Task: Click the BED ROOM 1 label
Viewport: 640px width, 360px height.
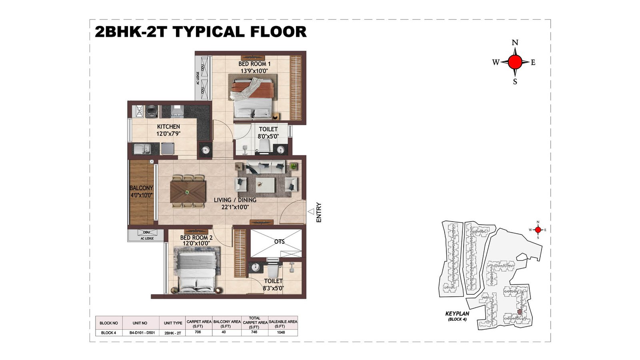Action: click(x=254, y=64)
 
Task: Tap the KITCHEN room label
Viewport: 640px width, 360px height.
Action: click(x=168, y=126)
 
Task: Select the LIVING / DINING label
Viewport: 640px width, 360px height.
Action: click(x=235, y=200)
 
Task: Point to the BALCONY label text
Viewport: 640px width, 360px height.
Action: click(x=141, y=188)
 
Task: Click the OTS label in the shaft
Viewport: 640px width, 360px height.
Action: click(x=279, y=242)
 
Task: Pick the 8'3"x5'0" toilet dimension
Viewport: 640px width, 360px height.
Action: click(x=273, y=288)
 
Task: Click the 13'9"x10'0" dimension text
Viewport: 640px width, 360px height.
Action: click(x=254, y=71)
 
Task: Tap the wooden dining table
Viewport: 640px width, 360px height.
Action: click(x=188, y=192)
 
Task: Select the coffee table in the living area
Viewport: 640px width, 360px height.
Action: click(x=266, y=185)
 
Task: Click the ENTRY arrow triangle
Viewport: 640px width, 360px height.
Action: click(x=311, y=212)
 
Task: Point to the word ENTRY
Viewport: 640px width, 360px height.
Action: click(x=319, y=212)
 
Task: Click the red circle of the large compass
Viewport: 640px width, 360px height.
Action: click(x=515, y=62)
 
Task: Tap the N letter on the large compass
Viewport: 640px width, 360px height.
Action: click(x=515, y=43)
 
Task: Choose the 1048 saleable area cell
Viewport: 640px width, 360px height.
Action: click(x=281, y=332)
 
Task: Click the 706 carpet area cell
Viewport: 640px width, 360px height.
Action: click(x=198, y=332)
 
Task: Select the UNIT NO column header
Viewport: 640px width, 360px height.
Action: click(x=140, y=323)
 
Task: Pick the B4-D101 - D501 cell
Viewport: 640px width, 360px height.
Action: click(x=142, y=333)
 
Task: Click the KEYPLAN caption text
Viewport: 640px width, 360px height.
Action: click(x=457, y=314)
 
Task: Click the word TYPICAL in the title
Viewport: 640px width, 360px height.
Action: click(x=208, y=32)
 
